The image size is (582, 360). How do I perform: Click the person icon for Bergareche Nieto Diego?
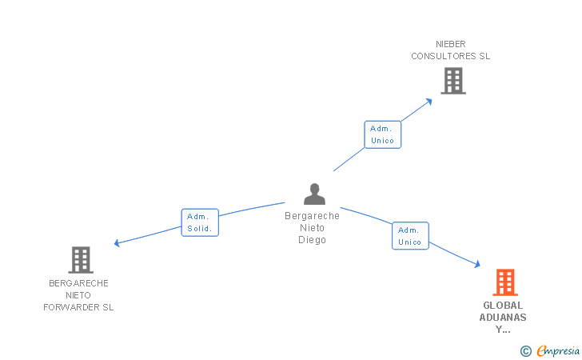click(314, 194)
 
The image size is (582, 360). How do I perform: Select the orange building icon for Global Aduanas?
click(504, 282)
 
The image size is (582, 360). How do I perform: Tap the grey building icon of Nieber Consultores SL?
click(452, 81)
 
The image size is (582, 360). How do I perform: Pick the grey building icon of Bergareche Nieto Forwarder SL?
click(80, 260)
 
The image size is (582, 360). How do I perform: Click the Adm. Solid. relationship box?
click(199, 222)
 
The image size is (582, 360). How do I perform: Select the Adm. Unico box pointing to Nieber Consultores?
click(382, 134)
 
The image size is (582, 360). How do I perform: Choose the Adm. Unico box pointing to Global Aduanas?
click(409, 236)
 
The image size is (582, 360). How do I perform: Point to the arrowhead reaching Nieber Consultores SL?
click(429, 100)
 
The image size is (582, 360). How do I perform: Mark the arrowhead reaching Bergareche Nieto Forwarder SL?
click(117, 243)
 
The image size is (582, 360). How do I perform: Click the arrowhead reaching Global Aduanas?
click(477, 265)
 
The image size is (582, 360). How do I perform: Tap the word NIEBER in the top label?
click(451, 44)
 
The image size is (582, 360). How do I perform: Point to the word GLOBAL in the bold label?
click(503, 305)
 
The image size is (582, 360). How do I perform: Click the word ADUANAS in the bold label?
click(503, 317)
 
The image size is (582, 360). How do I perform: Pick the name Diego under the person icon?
click(312, 240)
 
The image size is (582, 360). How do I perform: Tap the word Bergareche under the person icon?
click(312, 216)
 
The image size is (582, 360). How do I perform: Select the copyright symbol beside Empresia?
click(526, 350)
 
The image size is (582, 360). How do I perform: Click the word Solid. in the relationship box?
click(199, 229)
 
